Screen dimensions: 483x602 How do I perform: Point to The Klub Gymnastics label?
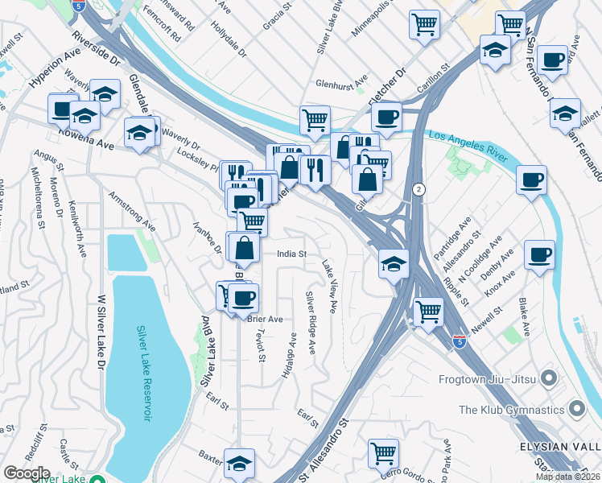pyautogui.click(x=513, y=410)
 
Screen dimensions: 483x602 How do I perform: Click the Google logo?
pyautogui.click(x=27, y=473)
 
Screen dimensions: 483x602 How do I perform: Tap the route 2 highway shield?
pyautogui.click(x=419, y=189)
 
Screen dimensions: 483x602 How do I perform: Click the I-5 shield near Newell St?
pyautogui.click(x=459, y=341)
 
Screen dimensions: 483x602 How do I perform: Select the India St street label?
pyautogui.click(x=291, y=254)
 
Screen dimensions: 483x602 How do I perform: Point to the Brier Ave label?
pyautogui.click(x=265, y=319)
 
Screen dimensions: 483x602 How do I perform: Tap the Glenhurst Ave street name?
pyautogui.click(x=340, y=83)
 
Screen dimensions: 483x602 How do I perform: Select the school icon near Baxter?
pyautogui.click(x=240, y=462)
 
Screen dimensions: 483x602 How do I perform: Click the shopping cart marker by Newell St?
pyautogui.click(x=428, y=311)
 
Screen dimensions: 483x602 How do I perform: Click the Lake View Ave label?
pyautogui.click(x=329, y=286)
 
